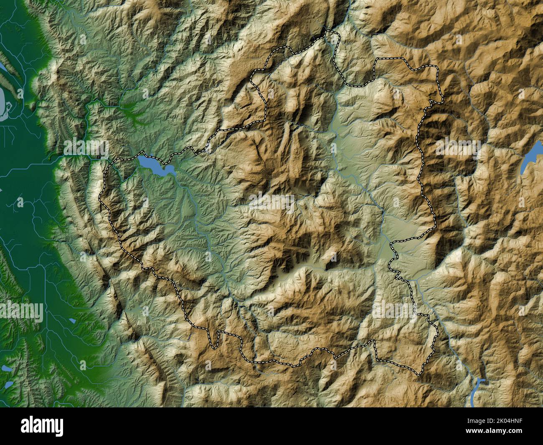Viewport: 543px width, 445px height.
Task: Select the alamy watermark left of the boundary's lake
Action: pyautogui.click(x=86, y=147)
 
